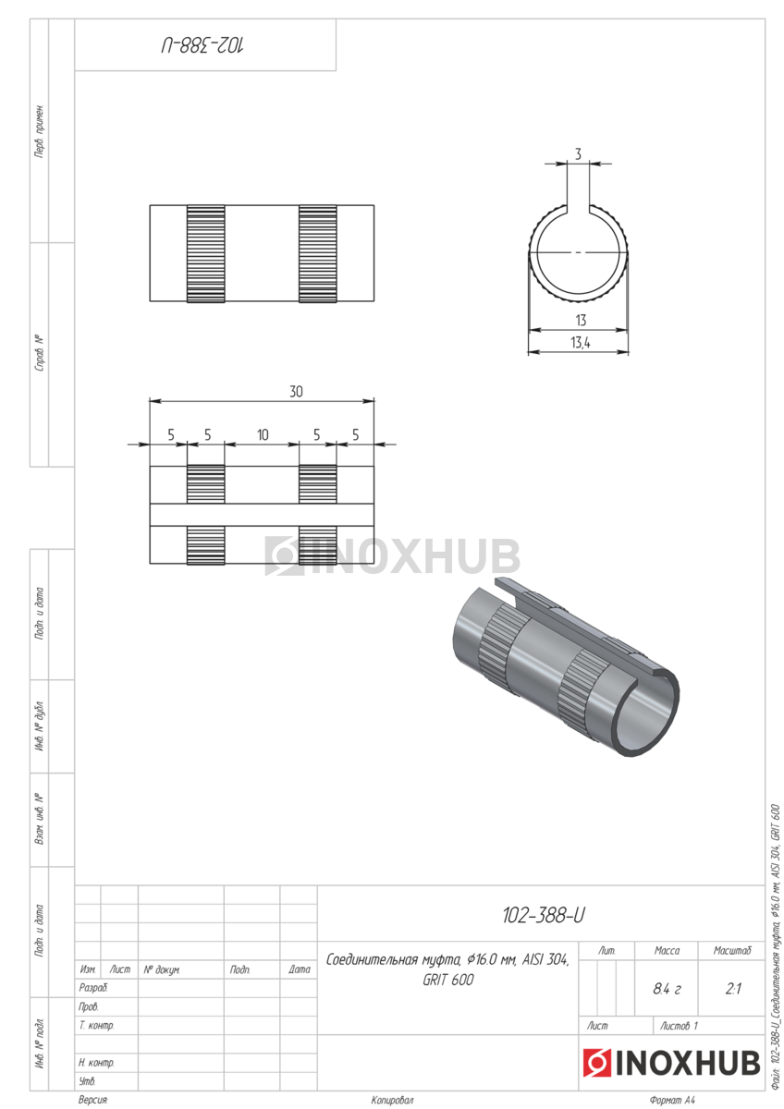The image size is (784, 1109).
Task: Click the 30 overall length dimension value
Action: pyautogui.click(x=296, y=392)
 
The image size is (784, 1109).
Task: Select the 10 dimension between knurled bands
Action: pyautogui.click(x=263, y=434)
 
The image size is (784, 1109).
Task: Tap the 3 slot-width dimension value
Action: pyautogui.click(x=578, y=154)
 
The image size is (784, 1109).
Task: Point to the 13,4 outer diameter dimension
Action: pyautogui.click(x=581, y=342)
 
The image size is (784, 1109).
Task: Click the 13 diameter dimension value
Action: pyautogui.click(x=581, y=321)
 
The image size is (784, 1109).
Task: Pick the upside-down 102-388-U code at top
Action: pyautogui.click(x=202, y=45)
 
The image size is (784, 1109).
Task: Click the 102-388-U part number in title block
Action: pyautogui.click(x=544, y=916)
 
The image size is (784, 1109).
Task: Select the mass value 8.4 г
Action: pyautogui.click(x=667, y=989)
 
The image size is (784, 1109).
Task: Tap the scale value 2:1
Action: pyautogui.click(x=732, y=989)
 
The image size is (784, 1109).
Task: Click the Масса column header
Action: pyautogui.click(x=667, y=950)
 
